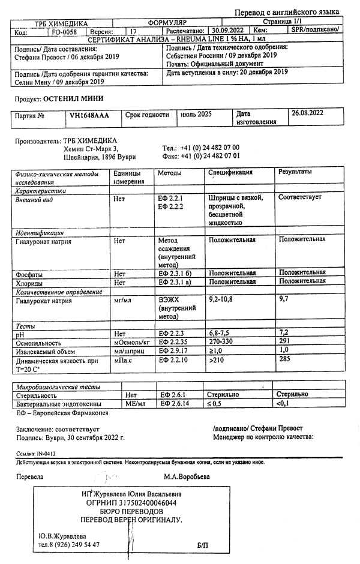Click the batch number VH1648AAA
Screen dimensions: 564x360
point(89,115)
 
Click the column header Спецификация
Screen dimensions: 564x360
point(230,172)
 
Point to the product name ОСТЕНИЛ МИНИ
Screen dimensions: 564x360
point(74,97)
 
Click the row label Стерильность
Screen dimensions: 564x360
point(37,395)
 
